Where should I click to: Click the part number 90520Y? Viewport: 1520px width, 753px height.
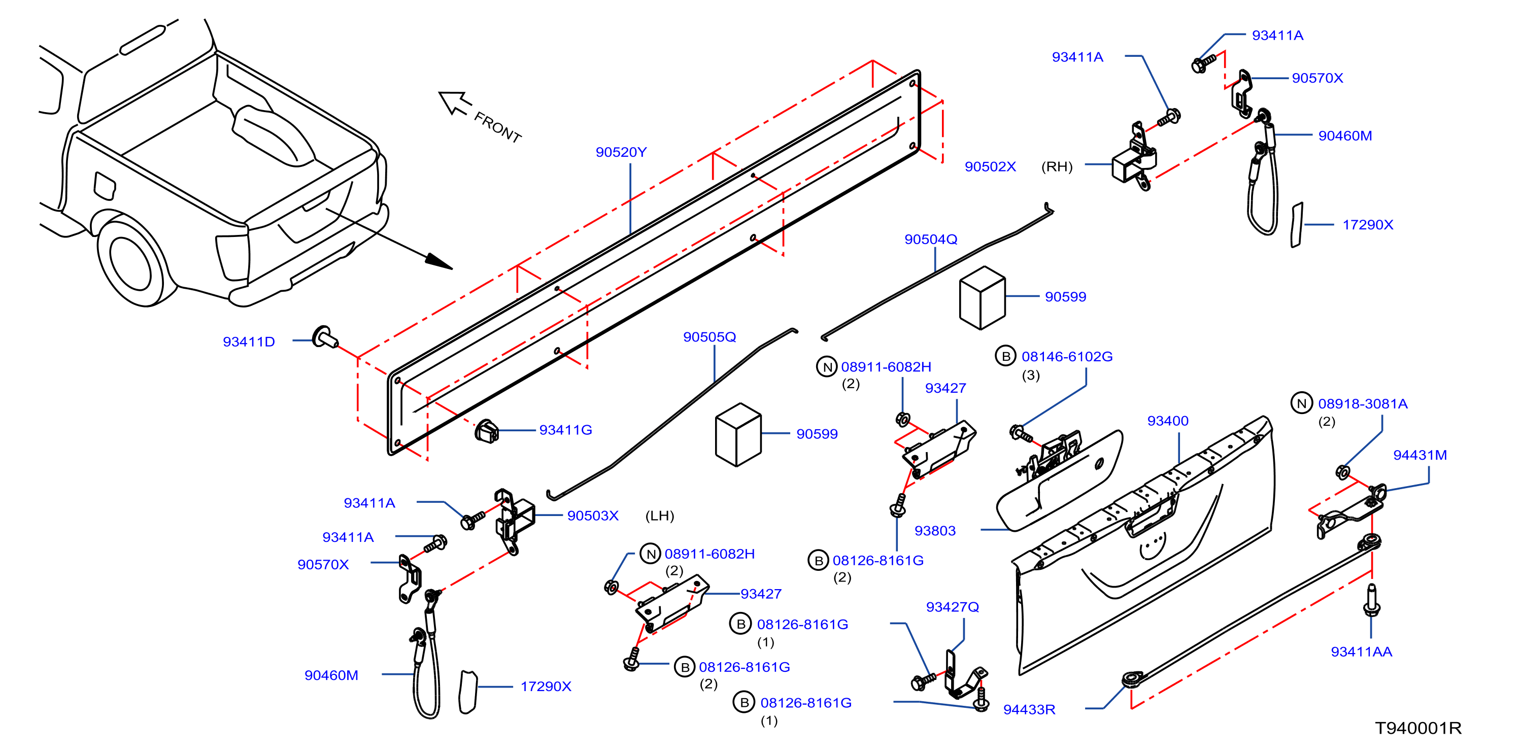coord(621,152)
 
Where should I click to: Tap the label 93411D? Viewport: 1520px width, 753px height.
coord(248,341)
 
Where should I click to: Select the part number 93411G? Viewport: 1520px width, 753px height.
coord(565,430)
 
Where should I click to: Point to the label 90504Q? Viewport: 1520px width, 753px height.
coord(931,239)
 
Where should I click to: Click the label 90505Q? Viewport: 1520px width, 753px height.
coord(710,337)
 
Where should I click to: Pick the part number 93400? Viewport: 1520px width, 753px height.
coord(1167,421)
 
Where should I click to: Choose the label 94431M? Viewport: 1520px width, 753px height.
coord(1420,455)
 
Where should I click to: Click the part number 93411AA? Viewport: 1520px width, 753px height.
coord(1361,652)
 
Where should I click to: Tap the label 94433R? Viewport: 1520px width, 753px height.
coord(1029,709)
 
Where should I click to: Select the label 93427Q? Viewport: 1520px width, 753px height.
coord(953,607)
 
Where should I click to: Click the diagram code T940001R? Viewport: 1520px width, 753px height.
coord(1418,728)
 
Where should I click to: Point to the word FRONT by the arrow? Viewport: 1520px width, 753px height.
coord(498,127)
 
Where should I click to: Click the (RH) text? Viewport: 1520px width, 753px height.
coord(1057,167)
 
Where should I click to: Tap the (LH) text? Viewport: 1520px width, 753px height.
coord(659,516)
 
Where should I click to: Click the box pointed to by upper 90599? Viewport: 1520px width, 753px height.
coord(983,297)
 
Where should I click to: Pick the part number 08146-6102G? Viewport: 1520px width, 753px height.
coord(1067,356)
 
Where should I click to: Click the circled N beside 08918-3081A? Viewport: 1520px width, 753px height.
coord(1302,403)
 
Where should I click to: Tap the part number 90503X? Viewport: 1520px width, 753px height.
coord(592,516)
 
